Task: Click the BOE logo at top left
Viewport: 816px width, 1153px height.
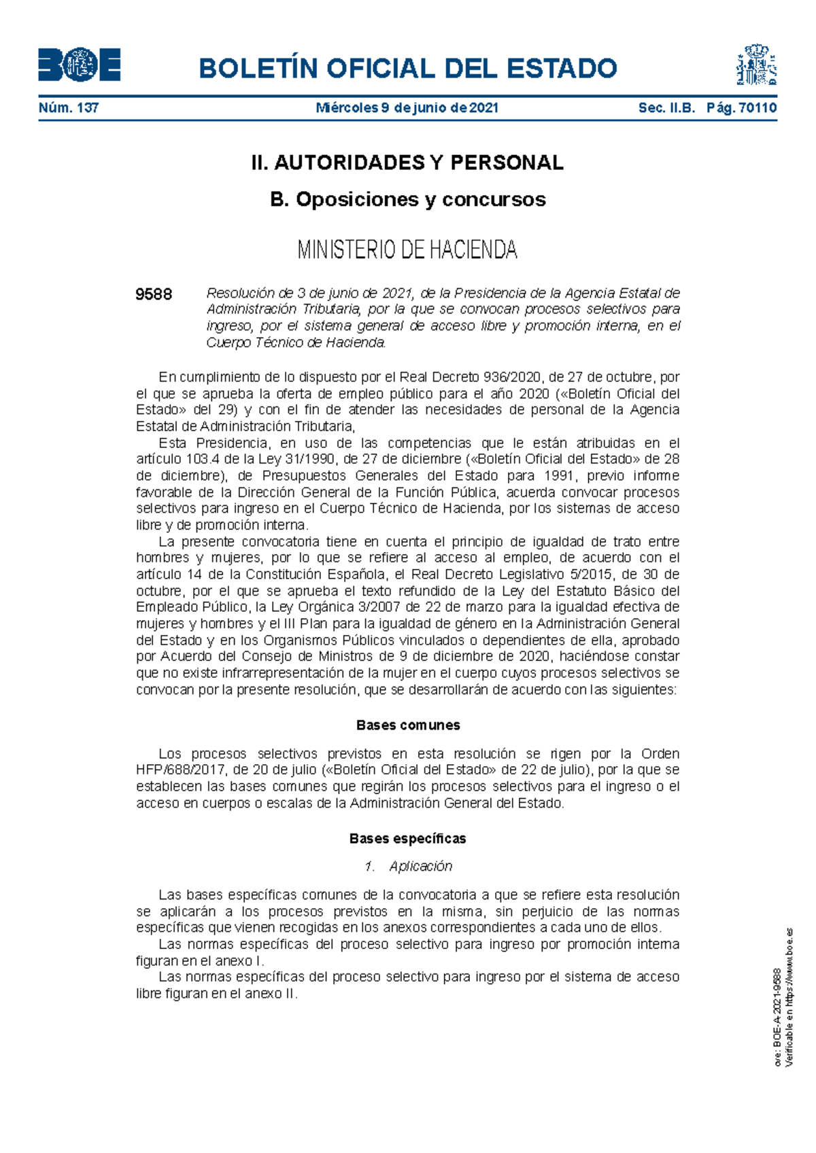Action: [x=79, y=66]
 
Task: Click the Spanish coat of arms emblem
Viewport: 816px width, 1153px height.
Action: [x=756, y=65]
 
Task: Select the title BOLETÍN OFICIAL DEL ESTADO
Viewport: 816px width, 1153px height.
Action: [x=407, y=69]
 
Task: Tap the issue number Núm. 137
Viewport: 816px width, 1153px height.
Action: [x=69, y=107]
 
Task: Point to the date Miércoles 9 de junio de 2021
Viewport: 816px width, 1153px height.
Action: [x=407, y=107]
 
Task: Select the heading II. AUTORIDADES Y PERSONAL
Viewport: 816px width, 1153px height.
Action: [x=407, y=162]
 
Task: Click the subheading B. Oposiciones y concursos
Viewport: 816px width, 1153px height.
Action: [x=407, y=199]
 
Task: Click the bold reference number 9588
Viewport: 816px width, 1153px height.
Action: [x=154, y=294]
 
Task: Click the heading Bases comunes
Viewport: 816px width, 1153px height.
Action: [x=408, y=725]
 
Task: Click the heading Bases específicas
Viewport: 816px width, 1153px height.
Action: [x=407, y=839]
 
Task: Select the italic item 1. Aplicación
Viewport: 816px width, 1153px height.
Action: [x=408, y=866]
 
